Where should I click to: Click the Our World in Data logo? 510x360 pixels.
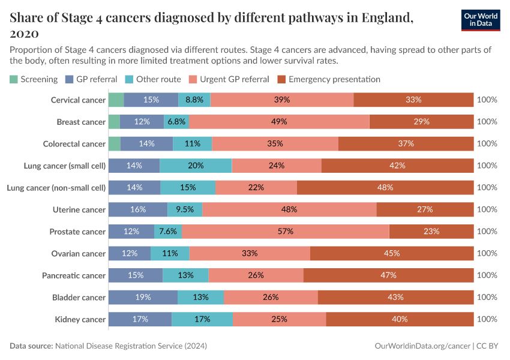[x=481, y=20]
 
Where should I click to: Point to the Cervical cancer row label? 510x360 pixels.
[x=78, y=100]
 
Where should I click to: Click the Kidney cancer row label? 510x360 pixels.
[x=80, y=319]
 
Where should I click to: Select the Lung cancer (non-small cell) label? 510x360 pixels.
[x=56, y=188]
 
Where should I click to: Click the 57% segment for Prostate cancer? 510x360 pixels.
[x=286, y=232]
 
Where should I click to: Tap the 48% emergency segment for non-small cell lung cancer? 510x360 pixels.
[x=385, y=188]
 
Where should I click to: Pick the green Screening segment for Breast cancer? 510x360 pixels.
[x=114, y=122]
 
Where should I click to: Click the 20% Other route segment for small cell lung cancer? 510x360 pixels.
[x=196, y=166]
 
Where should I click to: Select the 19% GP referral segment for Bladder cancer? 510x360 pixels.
[x=143, y=297]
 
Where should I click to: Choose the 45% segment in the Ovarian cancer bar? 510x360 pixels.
[x=392, y=253]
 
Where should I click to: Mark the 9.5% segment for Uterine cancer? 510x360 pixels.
[x=185, y=209]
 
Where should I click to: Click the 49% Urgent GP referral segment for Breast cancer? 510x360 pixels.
[x=279, y=122]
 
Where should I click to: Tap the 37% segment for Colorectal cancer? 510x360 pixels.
[x=406, y=143]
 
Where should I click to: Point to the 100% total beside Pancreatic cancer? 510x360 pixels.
[x=487, y=275]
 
